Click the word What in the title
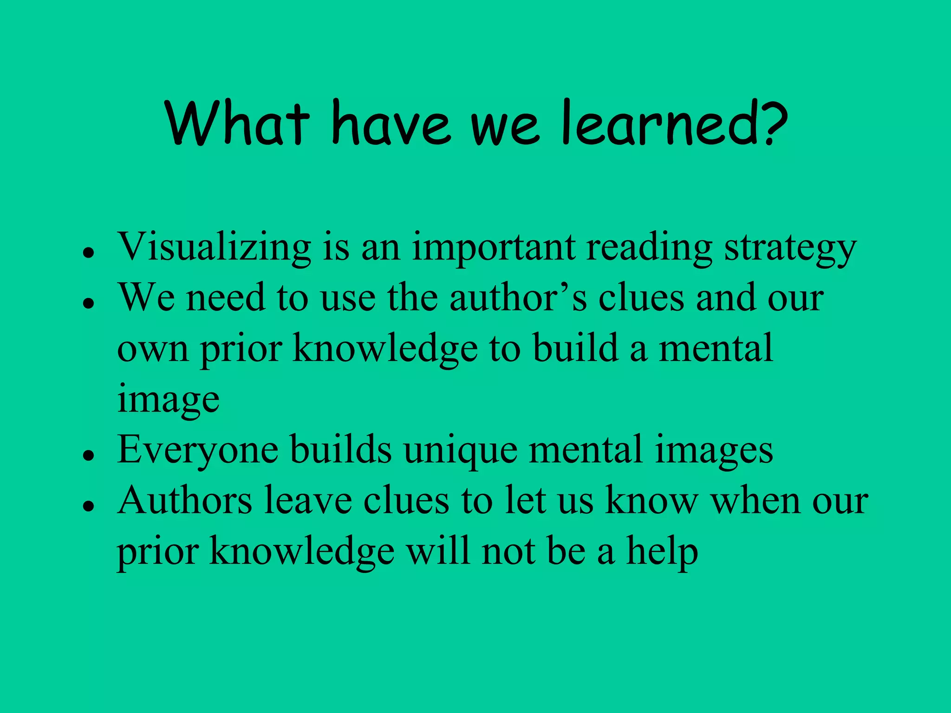point(237,123)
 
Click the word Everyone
point(198,450)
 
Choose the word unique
point(460,450)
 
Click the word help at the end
point(662,552)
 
